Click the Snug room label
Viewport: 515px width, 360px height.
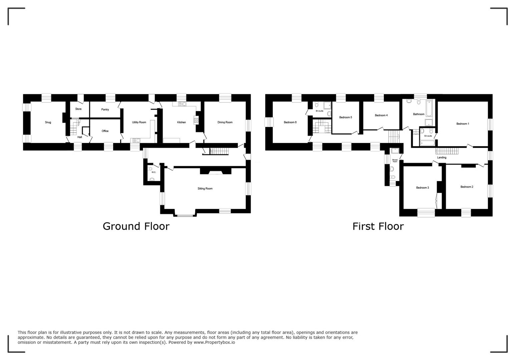click(x=48, y=122)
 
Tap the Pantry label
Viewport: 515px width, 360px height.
click(x=105, y=110)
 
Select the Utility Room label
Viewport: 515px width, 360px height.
click(x=139, y=122)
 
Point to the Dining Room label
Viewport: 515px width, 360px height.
click(x=225, y=122)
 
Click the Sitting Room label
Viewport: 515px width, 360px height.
click(x=205, y=189)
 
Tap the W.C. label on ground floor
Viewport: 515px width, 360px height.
click(x=153, y=172)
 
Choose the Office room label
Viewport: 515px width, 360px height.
click(x=105, y=131)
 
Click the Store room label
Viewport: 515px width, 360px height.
click(x=78, y=109)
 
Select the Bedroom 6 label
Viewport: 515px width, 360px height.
click(x=290, y=122)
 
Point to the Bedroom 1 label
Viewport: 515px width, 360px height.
click(x=463, y=124)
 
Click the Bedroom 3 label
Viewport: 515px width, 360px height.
click(x=422, y=188)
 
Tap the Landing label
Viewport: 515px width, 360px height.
click(x=441, y=158)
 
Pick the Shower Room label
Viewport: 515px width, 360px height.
click(x=395, y=161)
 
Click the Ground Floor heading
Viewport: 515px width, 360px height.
click(x=136, y=226)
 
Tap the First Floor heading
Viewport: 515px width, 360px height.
click(x=378, y=226)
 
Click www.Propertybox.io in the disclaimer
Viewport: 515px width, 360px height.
click(x=214, y=342)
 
